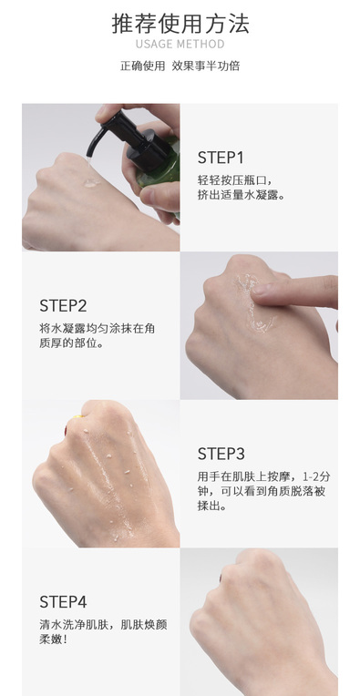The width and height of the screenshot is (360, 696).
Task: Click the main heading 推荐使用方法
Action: click(x=180, y=24)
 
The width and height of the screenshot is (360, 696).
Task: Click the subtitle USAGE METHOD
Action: click(x=180, y=44)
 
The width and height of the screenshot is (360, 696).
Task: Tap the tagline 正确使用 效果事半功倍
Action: click(x=180, y=66)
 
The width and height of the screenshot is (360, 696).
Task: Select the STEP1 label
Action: click(x=221, y=158)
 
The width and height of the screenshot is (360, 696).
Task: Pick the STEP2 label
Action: click(x=63, y=306)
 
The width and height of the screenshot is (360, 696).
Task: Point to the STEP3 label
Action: click(x=221, y=454)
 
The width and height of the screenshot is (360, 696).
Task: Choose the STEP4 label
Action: click(x=63, y=602)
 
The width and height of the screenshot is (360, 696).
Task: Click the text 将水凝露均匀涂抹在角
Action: click(x=98, y=329)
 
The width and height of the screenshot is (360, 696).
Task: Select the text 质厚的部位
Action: click(x=68, y=343)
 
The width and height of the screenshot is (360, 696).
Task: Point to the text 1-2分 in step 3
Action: click(x=316, y=476)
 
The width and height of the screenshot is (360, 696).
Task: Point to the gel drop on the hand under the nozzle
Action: click(x=91, y=182)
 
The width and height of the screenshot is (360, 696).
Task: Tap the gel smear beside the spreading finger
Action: click(x=252, y=302)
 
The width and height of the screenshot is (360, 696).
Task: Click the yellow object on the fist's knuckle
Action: click(x=77, y=417)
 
